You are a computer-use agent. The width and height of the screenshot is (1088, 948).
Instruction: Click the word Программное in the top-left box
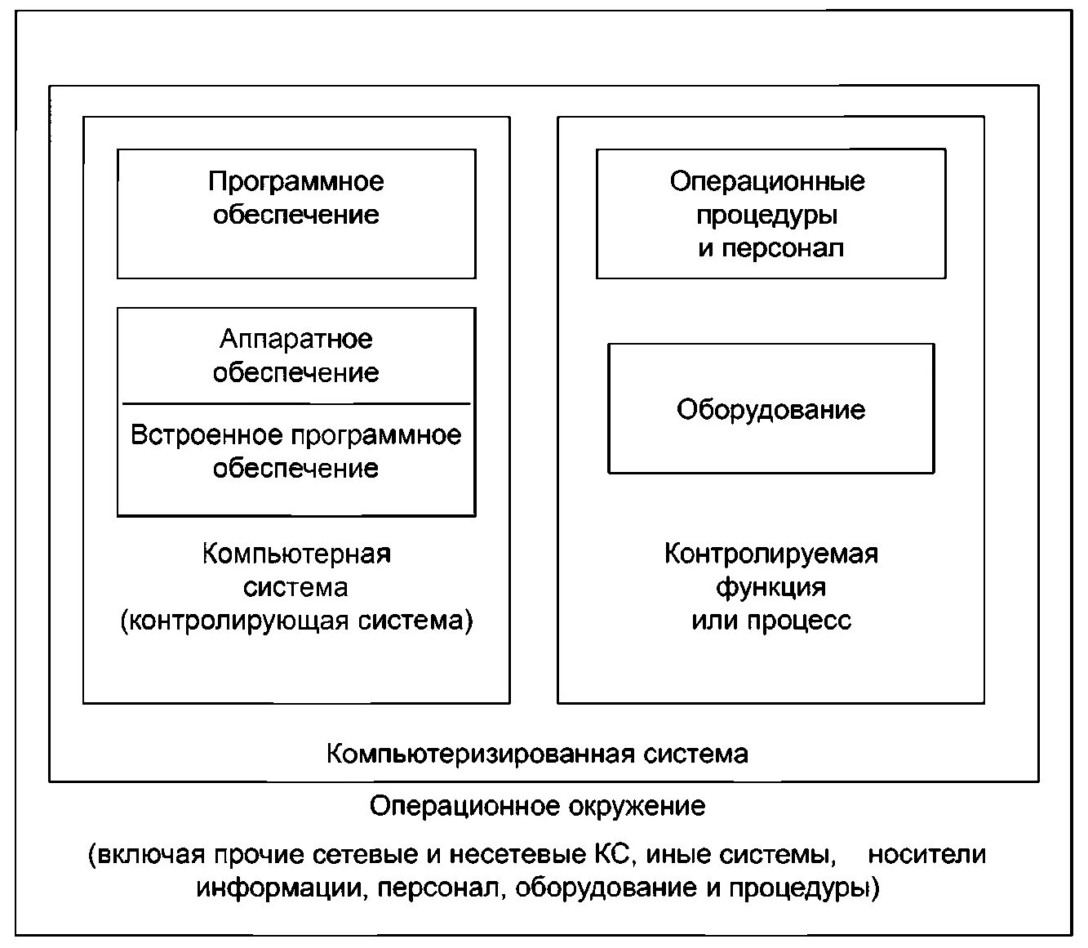coord(295,181)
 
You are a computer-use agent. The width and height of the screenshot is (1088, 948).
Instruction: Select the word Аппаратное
coord(295,339)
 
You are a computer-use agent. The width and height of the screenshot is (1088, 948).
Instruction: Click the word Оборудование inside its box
coord(770,409)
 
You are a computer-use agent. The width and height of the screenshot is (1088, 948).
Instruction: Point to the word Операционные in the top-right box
coord(767,181)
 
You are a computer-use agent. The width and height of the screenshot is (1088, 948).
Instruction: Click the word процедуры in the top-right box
coord(766,216)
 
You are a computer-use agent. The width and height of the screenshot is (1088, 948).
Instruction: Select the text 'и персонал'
coord(770,248)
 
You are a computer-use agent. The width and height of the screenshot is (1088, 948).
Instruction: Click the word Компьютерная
coord(296,554)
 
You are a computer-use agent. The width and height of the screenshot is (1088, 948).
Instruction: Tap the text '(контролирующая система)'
coord(296,621)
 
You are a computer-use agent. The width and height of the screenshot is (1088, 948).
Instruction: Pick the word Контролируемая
coord(770,554)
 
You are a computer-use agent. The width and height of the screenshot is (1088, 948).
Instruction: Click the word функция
coord(770,587)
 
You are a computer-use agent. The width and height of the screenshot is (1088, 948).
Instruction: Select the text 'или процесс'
coord(770,621)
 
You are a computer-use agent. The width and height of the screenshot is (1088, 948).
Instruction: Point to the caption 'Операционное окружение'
coord(537,807)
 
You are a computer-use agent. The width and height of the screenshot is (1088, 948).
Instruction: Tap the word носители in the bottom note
coord(926,855)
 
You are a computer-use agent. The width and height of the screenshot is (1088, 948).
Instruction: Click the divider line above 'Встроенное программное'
coord(296,403)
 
